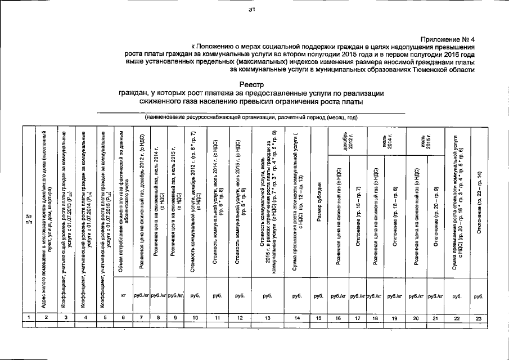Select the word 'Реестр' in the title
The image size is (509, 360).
pos(255,84)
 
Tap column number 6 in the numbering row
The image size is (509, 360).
pos(123,318)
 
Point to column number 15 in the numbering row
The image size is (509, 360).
pos(319,318)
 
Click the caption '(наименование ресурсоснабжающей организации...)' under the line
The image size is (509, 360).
pos(251,117)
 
